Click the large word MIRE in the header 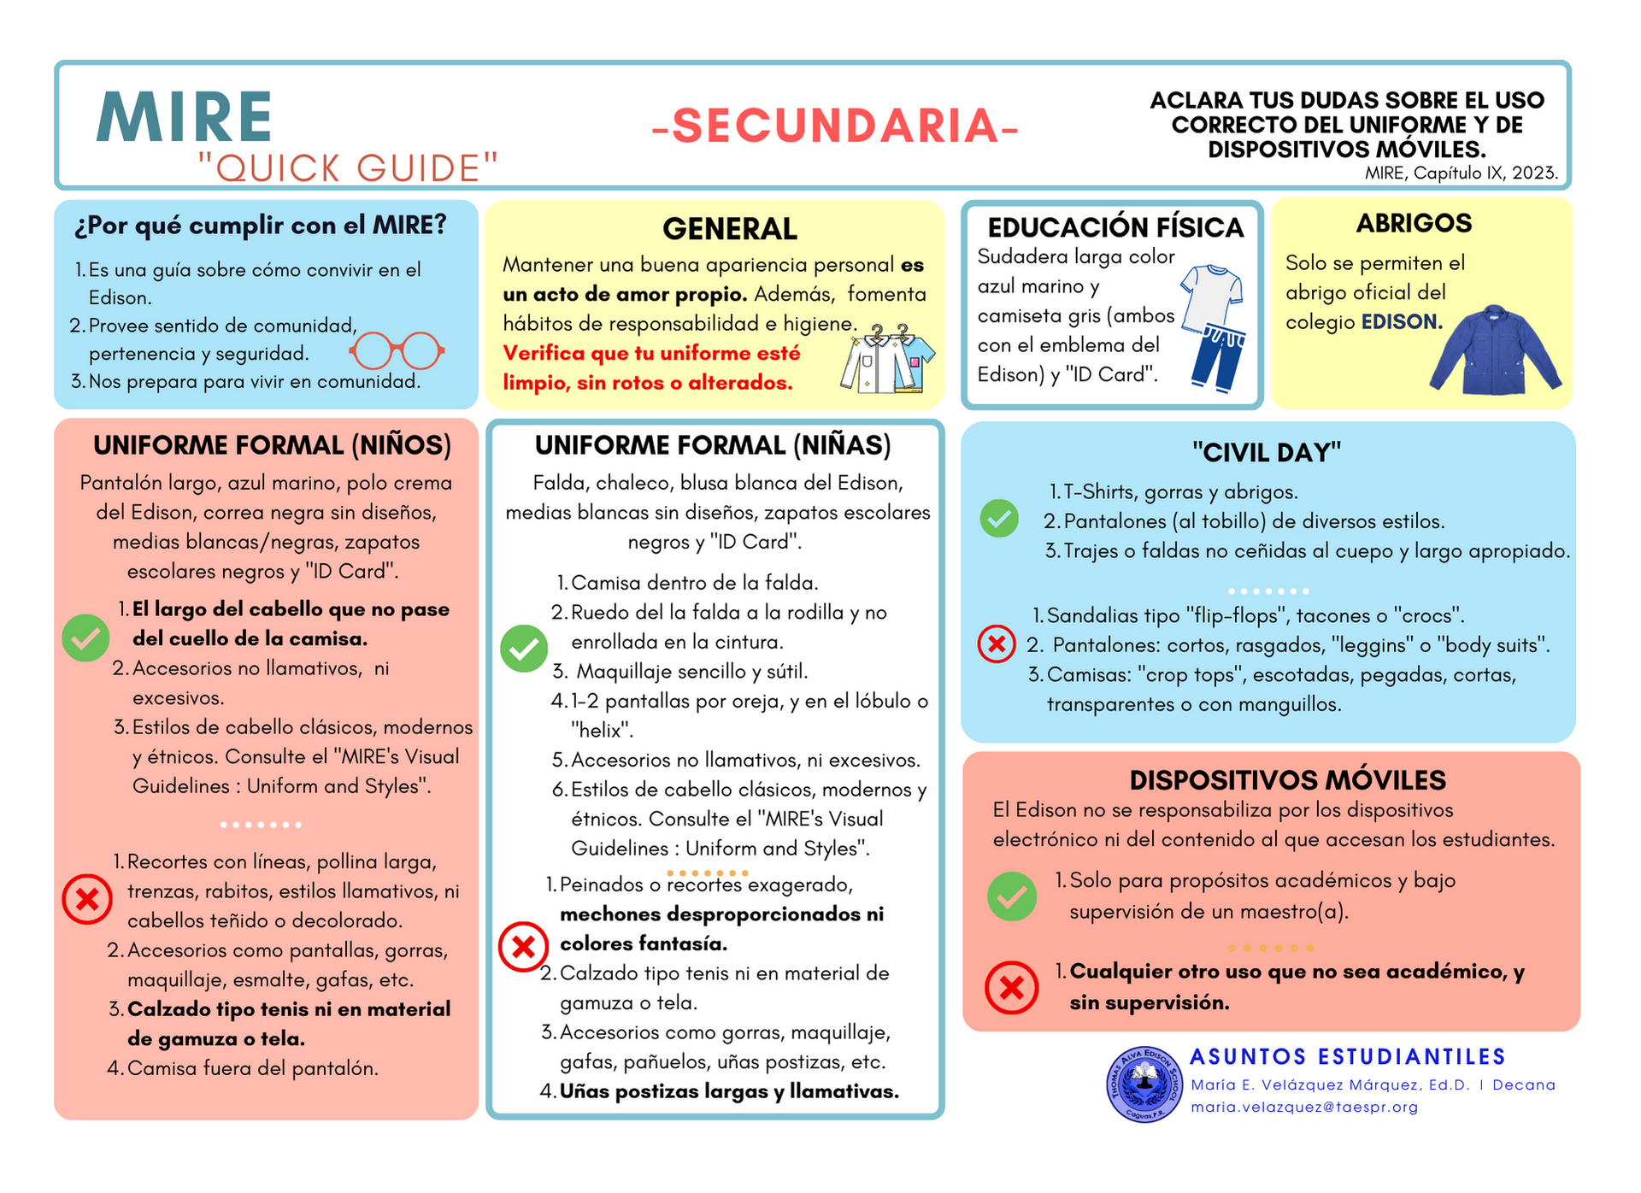pyautogui.click(x=185, y=117)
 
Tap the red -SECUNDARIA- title pyautogui.click(x=835, y=126)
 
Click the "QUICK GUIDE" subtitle pyautogui.click(x=348, y=168)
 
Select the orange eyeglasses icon pyautogui.click(x=397, y=350)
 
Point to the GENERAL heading pyautogui.click(x=729, y=229)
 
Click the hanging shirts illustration pyautogui.click(x=887, y=359)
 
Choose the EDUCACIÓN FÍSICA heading pyautogui.click(x=1115, y=227)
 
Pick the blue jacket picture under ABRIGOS pyautogui.click(x=1495, y=350)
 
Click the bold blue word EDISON pyautogui.click(x=1402, y=322)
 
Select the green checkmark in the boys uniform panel pyautogui.click(x=85, y=638)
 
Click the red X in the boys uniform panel pyautogui.click(x=87, y=899)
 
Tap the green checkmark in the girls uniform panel pyautogui.click(x=524, y=649)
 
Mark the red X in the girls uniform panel pyautogui.click(x=523, y=947)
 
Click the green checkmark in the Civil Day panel pyautogui.click(x=998, y=518)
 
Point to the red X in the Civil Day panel pyautogui.click(x=997, y=644)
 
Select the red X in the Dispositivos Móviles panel pyautogui.click(x=1011, y=988)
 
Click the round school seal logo pyautogui.click(x=1144, y=1084)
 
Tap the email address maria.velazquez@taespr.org pyautogui.click(x=1304, y=1108)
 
